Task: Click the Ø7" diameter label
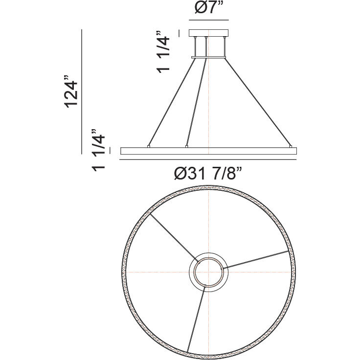click(209, 8)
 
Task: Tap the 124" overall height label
click(71, 91)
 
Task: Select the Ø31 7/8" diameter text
click(208, 174)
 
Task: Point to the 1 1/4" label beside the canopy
click(163, 52)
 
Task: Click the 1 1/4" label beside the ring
click(98, 150)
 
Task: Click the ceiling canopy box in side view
click(209, 33)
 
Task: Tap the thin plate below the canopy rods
click(209, 57)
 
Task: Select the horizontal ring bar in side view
click(208, 151)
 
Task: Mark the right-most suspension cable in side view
click(258, 102)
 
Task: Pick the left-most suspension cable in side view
click(172, 102)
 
